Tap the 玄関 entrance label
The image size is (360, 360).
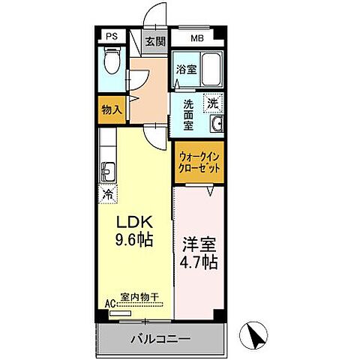click(154, 40)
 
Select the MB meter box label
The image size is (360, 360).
click(196, 37)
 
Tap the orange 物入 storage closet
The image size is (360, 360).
click(110, 109)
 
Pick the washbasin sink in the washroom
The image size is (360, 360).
click(217, 124)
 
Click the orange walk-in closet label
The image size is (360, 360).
click(199, 163)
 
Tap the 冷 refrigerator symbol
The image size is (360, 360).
click(108, 193)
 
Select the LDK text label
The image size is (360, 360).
click(135, 223)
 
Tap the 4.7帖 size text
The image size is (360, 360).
click(199, 263)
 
